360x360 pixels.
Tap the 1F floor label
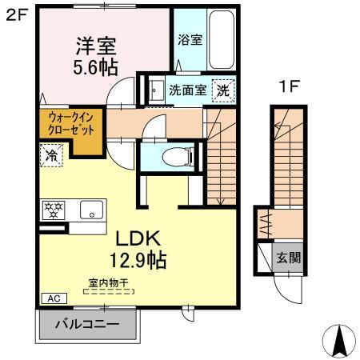(288, 86)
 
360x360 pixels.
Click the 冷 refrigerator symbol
(50, 154)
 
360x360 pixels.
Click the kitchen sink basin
(92, 212)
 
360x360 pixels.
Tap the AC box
(54, 298)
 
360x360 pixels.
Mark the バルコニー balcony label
(87, 326)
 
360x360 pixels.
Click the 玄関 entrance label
(289, 258)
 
